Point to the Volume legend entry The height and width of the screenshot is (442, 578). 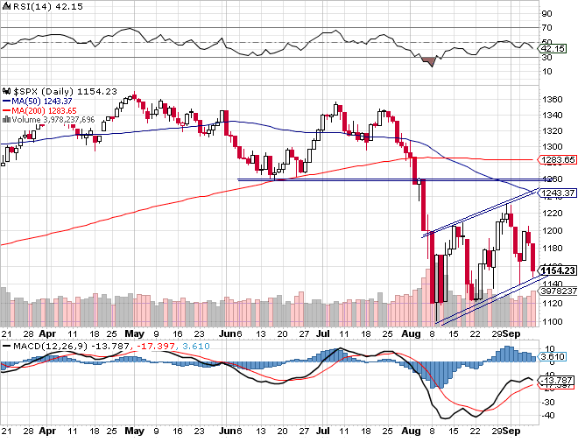(57, 119)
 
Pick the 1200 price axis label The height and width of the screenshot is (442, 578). (552, 231)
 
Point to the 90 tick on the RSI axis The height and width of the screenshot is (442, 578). (546, 14)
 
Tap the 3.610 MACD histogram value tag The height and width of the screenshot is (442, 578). (550, 357)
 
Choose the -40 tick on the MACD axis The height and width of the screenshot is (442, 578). (547, 414)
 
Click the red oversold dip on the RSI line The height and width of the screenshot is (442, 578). (429, 62)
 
